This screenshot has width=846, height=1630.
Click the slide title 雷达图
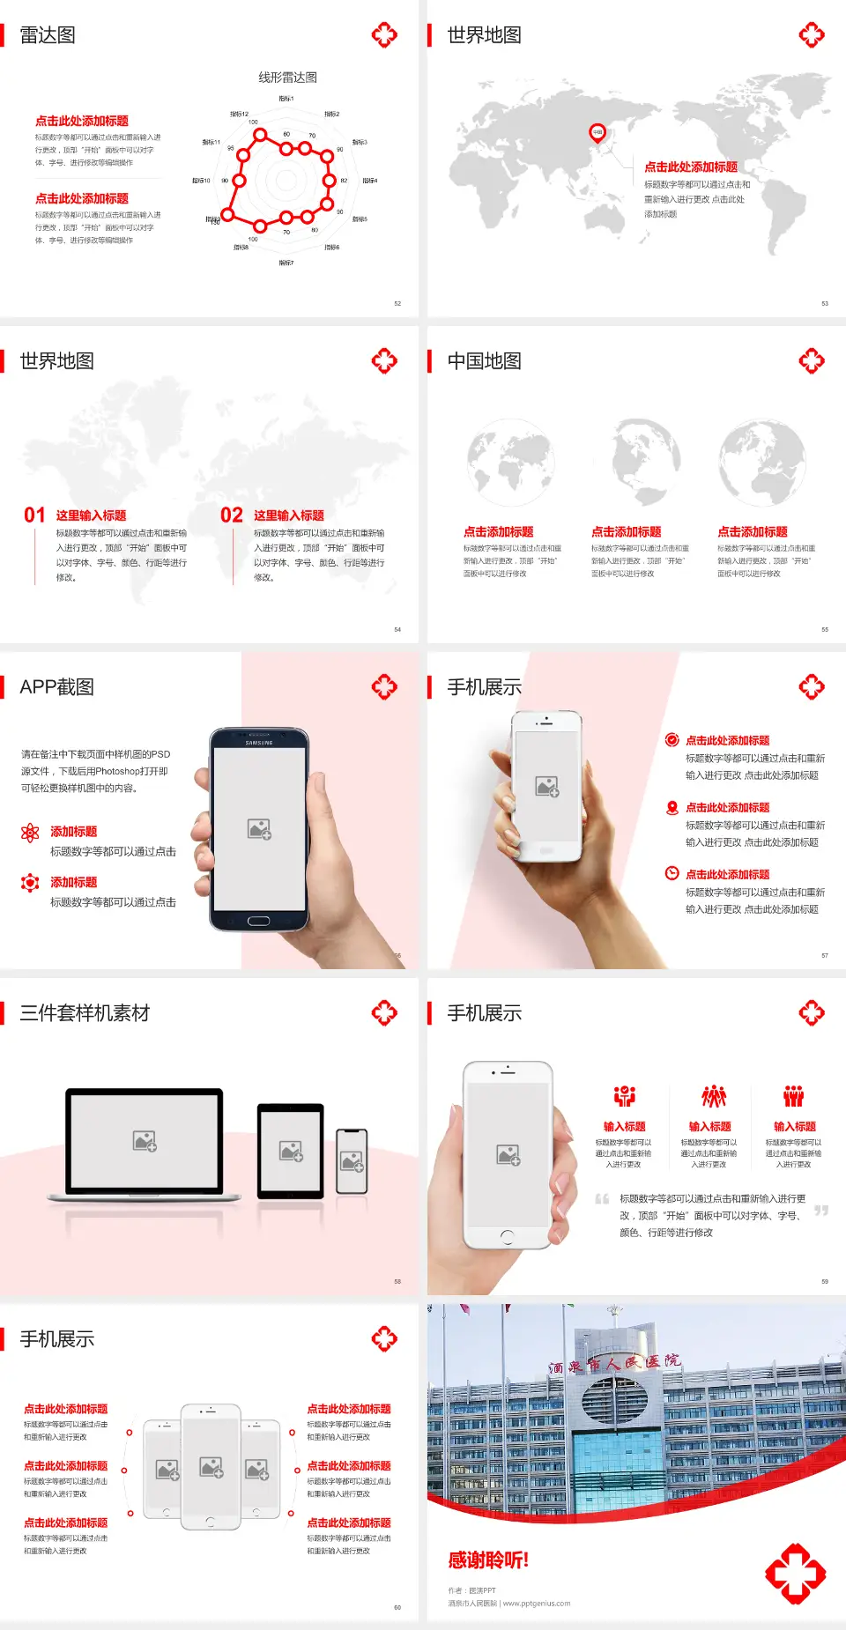(x=48, y=35)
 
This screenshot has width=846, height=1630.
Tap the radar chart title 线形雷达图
(x=287, y=78)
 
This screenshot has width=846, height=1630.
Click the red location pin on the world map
(x=597, y=133)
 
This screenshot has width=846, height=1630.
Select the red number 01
(x=34, y=515)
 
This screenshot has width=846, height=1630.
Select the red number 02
(x=232, y=515)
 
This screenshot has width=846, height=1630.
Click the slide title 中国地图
(x=484, y=361)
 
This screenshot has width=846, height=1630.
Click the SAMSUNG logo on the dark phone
(x=259, y=743)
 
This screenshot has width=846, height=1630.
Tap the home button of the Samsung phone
(x=258, y=921)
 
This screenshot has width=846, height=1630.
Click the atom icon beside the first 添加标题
(x=30, y=833)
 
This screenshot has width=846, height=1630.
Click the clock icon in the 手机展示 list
(x=672, y=873)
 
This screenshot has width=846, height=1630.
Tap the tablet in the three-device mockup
(x=291, y=1150)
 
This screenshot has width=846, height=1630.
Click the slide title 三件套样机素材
(x=85, y=1013)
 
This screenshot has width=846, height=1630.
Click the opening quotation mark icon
(x=602, y=1198)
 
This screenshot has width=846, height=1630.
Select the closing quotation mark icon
(x=821, y=1211)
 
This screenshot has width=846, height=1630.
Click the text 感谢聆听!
(x=488, y=1560)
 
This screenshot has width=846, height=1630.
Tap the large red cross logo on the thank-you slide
(x=795, y=1574)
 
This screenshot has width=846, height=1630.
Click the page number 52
(x=397, y=303)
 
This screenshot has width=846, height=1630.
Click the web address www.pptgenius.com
(x=537, y=1604)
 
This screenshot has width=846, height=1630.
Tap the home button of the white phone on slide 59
(x=507, y=1237)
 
